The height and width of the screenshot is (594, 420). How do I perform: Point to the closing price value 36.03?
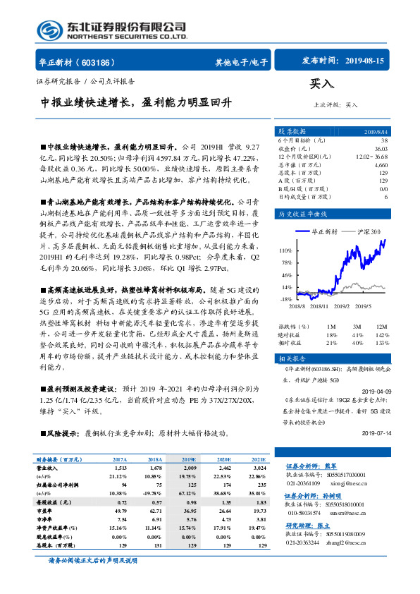pos(381,148)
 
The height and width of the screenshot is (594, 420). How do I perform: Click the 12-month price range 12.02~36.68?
pos(372,156)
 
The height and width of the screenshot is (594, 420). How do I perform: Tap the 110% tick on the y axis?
pos(285,250)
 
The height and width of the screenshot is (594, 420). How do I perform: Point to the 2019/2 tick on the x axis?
pos(342,305)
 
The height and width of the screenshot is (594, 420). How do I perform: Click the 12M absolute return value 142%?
pos(381,335)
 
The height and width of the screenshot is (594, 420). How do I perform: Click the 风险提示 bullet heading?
pos(61,432)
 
